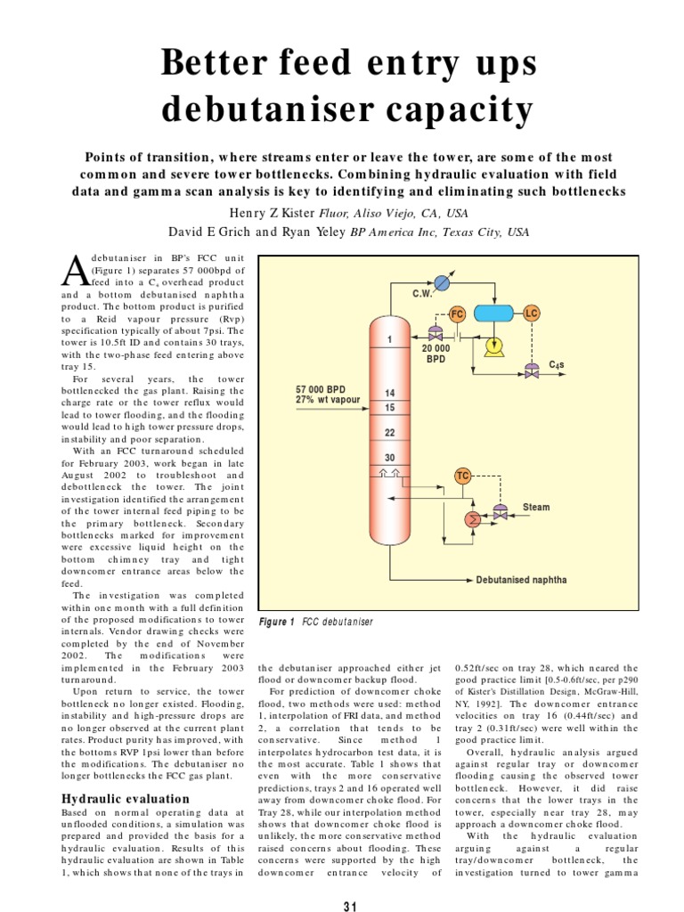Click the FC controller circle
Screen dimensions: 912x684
[457, 314]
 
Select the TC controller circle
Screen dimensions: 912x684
[462, 476]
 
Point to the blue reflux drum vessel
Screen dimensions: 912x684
[496, 313]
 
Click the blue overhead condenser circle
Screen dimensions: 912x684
[443, 281]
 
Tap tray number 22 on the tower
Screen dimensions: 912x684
[389, 432]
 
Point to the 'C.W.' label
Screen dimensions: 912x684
[422, 293]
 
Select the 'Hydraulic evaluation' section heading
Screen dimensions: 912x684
[125, 799]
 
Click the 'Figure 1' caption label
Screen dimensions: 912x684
[276, 622]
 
